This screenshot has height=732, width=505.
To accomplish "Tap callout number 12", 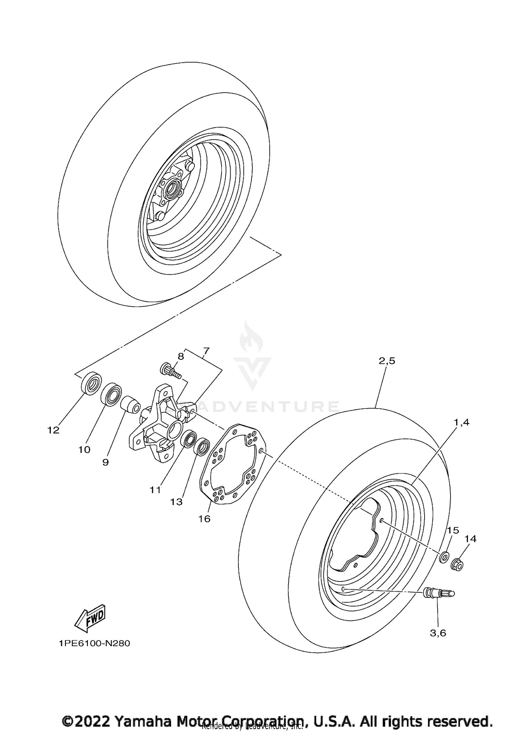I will pyautogui.click(x=54, y=430).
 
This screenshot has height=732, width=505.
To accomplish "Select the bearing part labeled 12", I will pyautogui.click(x=91, y=383).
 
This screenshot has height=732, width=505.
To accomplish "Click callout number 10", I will pyautogui.click(x=85, y=450).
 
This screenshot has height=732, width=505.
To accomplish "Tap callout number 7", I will pyautogui.click(x=206, y=351).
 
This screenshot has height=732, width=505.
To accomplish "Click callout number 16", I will pyautogui.click(x=204, y=519).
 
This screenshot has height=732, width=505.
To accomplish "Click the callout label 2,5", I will pyautogui.click(x=386, y=361).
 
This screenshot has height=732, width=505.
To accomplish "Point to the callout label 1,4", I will pyautogui.click(x=462, y=422).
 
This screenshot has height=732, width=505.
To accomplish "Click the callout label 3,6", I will pyautogui.click(x=438, y=633).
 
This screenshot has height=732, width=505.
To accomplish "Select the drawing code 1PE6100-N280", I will pyautogui.click(x=94, y=643).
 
